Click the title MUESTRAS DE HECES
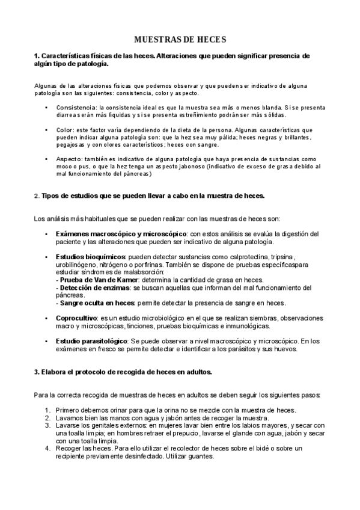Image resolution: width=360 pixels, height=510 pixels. [180, 40]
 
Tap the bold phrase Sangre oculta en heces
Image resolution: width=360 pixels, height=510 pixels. [96, 303]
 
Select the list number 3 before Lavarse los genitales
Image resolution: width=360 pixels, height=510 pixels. [47, 425]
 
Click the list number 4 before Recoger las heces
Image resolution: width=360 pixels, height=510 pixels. [47, 448]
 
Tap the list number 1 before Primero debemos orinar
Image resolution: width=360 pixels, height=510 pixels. [47, 410]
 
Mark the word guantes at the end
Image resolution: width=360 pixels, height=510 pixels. [194, 456]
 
